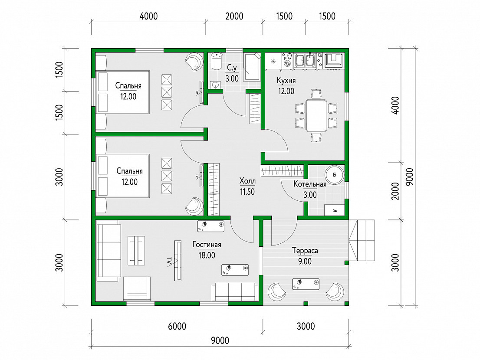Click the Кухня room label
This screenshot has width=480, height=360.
click(x=286, y=80)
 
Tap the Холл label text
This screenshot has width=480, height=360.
click(x=247, y=181)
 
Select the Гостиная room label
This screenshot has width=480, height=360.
click(x=207, y=245)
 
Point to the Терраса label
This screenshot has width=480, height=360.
click(x=305, y=251)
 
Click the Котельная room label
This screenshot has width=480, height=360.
click(x=310, y=184)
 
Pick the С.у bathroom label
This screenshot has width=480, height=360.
click(x=232, y=68)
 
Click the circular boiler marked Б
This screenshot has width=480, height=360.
click(x=334, y=175)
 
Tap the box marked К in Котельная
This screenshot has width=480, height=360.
click(x=335, y=210)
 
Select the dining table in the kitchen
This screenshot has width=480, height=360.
click(x=316, y=115)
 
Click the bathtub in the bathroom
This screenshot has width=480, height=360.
click(x=252, y=67)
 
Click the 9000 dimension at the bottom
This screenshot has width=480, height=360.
click(x=220, y=340)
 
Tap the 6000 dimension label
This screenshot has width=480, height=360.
click(x=177, y=326)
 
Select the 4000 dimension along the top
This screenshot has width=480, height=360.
click(x=148, y=16)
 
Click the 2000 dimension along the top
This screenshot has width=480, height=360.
click(x=234, y=16)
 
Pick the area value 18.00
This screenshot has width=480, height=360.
click(x=207, y=255)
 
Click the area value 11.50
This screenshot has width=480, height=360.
click(x=247, y=192)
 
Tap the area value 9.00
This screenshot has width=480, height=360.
click(x=305, y=262)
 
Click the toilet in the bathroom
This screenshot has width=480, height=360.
click(x=217, y=62)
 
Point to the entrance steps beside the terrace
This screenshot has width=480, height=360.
click(x=362, y=240)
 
